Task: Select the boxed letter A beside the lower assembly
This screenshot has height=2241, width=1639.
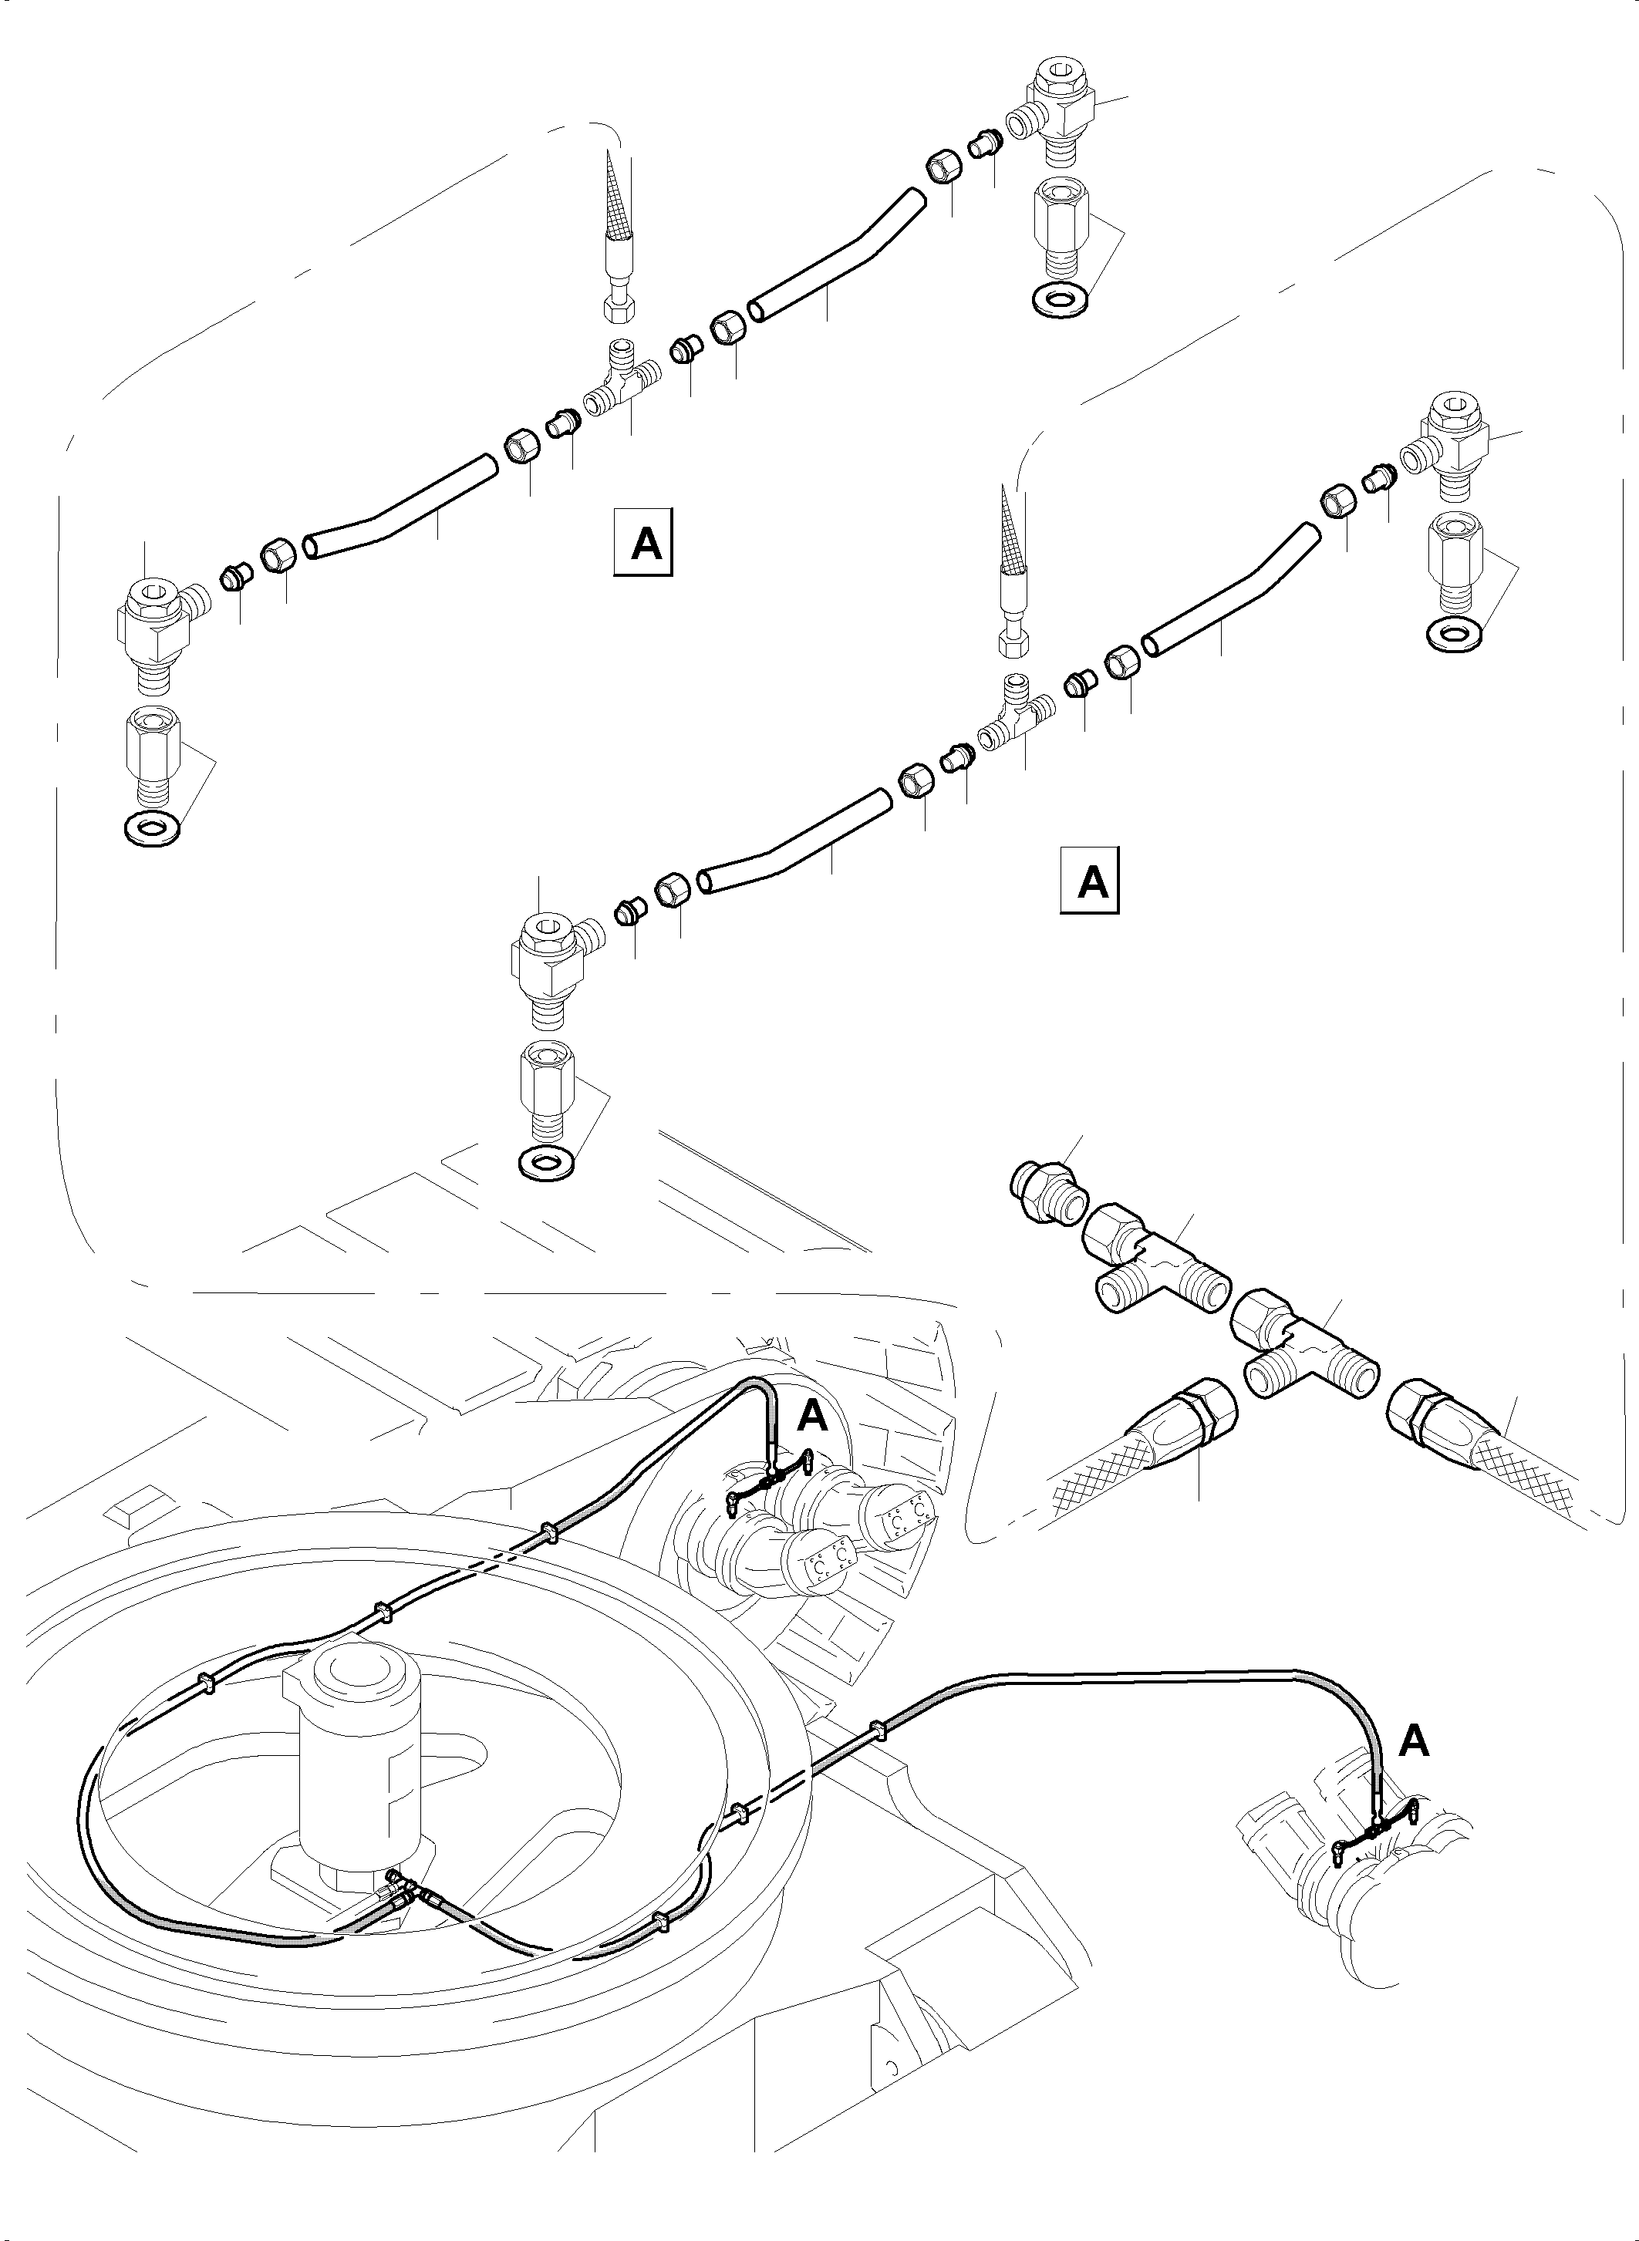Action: (1091, 880)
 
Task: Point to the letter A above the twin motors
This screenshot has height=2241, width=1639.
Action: (811, 1417)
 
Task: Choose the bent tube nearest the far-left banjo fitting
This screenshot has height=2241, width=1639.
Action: (397, 518)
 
